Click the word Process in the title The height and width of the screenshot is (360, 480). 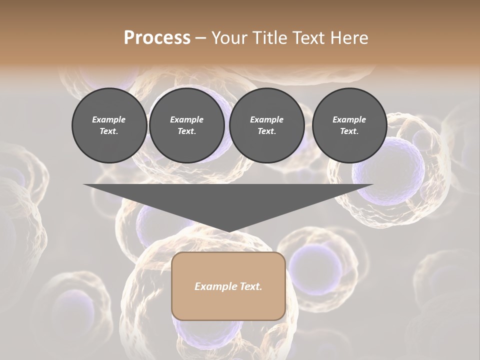157,38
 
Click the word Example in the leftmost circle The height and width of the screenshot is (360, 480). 109,119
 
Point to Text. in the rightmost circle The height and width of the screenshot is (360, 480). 349,131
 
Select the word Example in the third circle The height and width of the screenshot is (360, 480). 266,119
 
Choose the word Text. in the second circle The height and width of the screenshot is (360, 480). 187,131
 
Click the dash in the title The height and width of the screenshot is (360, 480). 200,38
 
